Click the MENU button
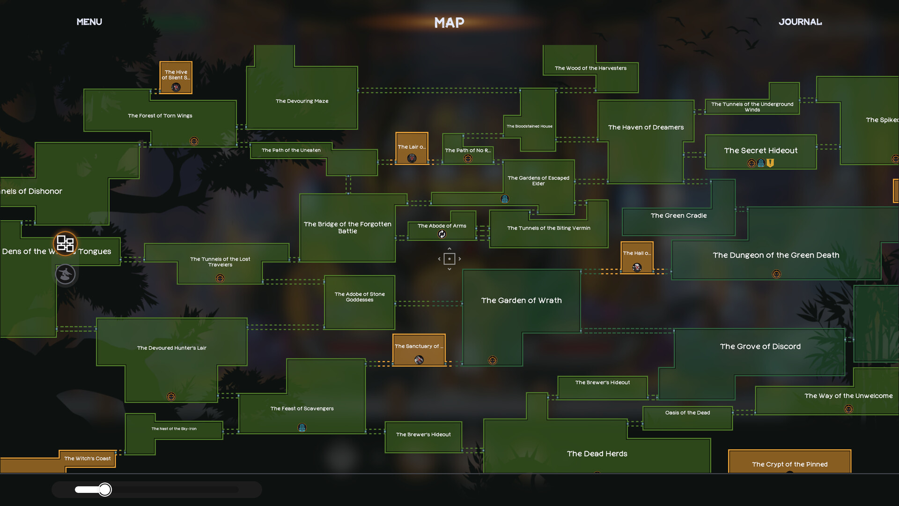pyautogui.click(x=89, y=22)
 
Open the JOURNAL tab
pyautogui.click(x=800, y=22)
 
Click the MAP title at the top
pyautogui.click(x=449, y=22)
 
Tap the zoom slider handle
pyautogui.click(x=105, y=490)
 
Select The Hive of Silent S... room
pyautogui.click(x=176, y=75)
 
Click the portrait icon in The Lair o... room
pyautogui.click(x=412, y=158)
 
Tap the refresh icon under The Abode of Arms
pyautogui.click(x=442, y=234)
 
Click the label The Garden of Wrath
pyautogui.click(x=521, y=300)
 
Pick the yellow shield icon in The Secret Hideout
pyautogui.click(x=770, y=163)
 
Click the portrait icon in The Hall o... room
pyautogui.click(x=637, y=268)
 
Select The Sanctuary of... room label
pyautogui.click(x=419, y=346)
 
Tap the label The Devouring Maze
pyautogui.click(x=302, y=101)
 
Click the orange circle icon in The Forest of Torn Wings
pyautogui.click(x=194, y=141)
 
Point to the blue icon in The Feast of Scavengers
pyautogui.click(x=302, y=427)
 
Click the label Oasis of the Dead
pyautogui.click(x=687, y=413)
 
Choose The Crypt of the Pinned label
pyautogui.click(x=789, y=464)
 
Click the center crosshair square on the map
pyautogui.click(x=449, y=259)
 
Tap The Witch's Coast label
pyautogui.click(x=88, y=459)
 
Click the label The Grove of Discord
pyautogui.click(x=760, y=347)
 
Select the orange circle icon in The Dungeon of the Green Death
pyautogui.click(x=776, y=274)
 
